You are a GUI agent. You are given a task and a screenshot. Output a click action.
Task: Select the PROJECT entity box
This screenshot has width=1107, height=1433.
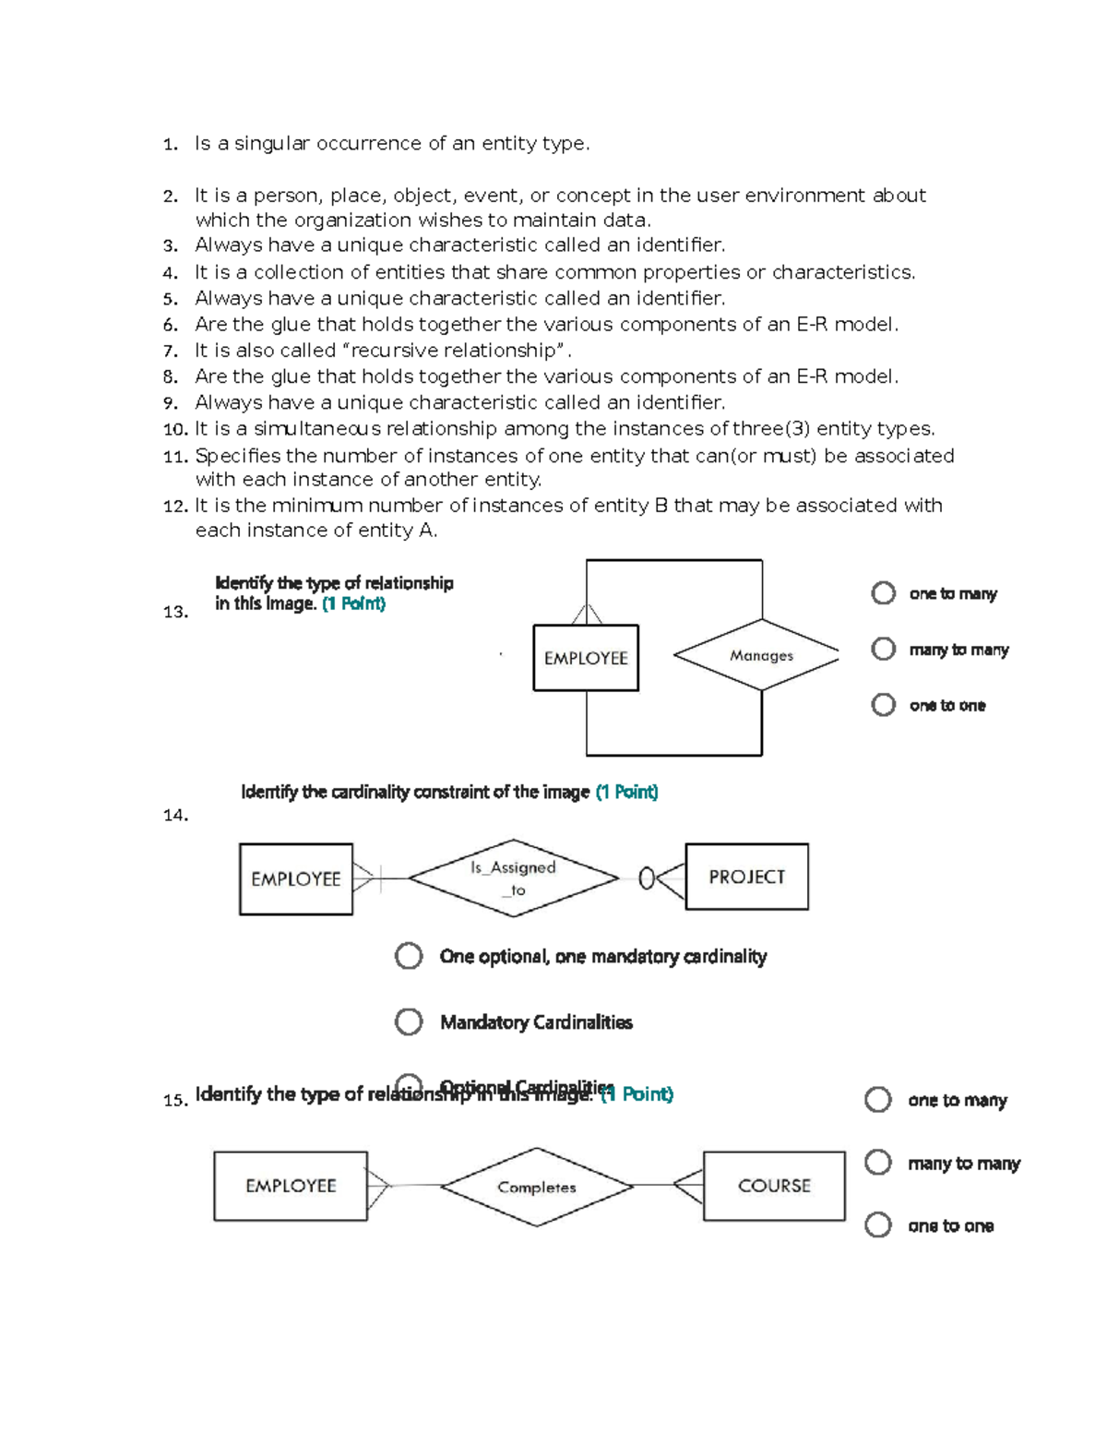point(746,877)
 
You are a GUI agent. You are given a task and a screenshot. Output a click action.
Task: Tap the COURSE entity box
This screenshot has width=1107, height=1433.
point(773,1186)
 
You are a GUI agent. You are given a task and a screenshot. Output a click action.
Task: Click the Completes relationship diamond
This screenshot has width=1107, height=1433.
point(537,1188)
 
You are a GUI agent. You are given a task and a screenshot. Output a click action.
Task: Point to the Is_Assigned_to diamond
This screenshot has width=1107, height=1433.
point(513,878)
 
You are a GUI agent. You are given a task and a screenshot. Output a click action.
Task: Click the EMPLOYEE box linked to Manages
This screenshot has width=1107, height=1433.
point(586,658)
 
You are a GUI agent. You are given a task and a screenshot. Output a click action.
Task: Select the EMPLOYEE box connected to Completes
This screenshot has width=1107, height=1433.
point(291,1186)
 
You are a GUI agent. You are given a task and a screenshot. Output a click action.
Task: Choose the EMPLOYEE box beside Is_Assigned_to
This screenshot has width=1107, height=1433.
point(295,879)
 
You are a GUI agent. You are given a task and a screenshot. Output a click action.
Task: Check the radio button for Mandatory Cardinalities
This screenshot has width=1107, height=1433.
point(409,1021)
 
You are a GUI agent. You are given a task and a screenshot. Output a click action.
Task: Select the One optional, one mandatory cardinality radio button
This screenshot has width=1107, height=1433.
point(409,956)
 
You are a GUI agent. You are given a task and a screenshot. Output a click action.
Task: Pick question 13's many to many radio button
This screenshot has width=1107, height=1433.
point(883,650)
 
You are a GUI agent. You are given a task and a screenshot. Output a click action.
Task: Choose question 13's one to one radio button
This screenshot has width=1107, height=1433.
point(883,705)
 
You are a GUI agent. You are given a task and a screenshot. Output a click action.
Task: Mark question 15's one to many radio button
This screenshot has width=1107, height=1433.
point(877,1100)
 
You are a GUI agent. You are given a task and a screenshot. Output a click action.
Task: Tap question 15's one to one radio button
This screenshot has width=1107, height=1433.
point(877,1225)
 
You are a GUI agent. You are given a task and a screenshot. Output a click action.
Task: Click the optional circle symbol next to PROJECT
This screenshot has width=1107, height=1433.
point(647,878)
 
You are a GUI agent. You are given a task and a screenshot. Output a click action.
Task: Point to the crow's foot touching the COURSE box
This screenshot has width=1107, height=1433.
point(687,1186)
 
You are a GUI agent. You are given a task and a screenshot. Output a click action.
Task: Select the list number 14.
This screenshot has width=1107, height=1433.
point(174,815)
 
